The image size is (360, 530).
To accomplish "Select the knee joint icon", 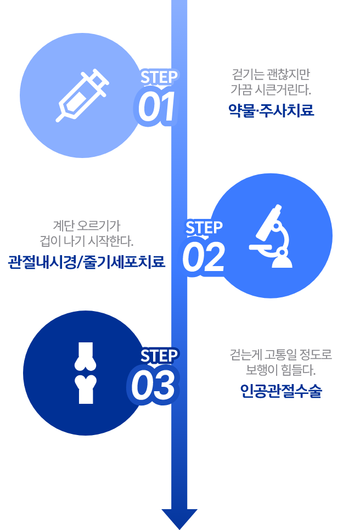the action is click(x=86, y=373).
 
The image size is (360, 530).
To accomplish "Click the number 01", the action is click(x=156, y=106).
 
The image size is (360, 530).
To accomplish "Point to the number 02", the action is click(x=204, y=257).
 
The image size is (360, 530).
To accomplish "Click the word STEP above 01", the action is click(x=159, y=77).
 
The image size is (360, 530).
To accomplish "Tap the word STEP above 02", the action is click(x=204, y=228).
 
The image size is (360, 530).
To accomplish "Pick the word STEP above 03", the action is click(x=159, y=356).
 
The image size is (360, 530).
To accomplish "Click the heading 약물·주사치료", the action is click(x=271, y=110).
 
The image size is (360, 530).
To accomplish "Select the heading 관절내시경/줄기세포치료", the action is click(x=87, y=262).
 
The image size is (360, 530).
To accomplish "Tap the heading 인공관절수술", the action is click(x=281, y=391).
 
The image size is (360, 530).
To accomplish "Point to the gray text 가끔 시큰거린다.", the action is click(x=271, y=89).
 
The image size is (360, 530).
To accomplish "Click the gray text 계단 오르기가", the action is click(x=87, y=225).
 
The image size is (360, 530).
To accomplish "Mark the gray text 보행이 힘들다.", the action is click(x=280, y=370).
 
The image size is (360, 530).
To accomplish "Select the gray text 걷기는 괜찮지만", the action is click(x=271, y=74).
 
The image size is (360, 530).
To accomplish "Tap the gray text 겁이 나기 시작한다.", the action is click(x=87, y=241).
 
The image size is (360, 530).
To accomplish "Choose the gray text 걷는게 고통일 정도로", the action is click(x=281, y=354).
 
